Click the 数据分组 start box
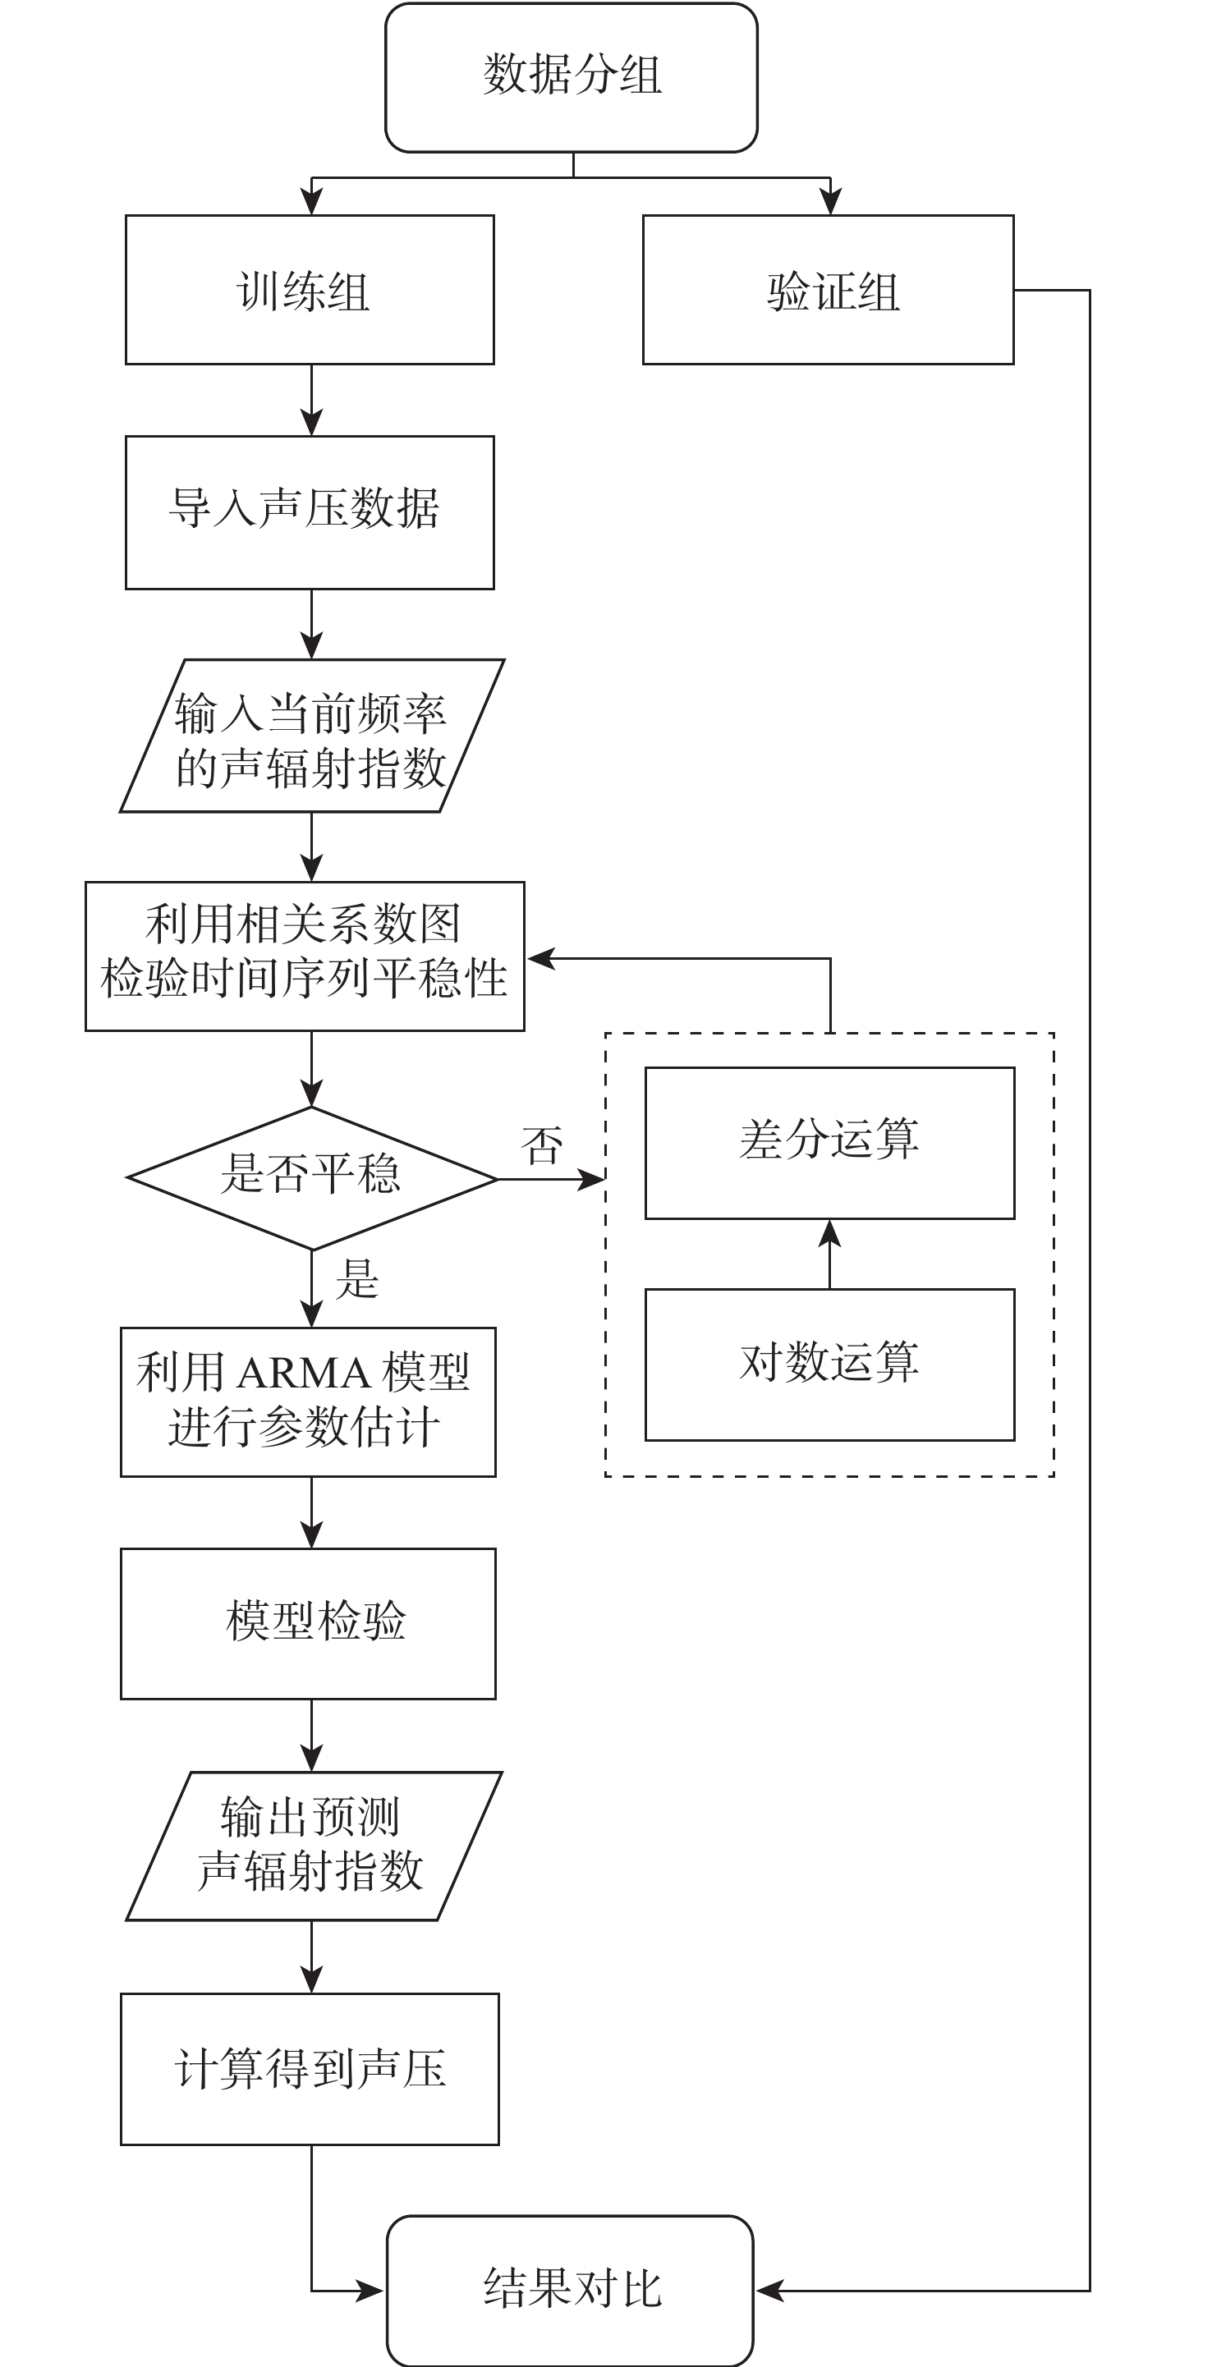571,77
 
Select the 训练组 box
310,290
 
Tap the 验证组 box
828,290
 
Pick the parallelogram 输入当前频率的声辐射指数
311,735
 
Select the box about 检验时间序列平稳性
304,956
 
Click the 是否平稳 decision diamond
311,1178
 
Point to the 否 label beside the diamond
541,1145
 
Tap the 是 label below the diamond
356,1278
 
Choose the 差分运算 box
829,1143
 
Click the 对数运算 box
829,1365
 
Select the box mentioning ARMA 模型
308,1402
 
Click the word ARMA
303,1374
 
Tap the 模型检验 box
308,1624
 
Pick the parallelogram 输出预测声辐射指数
314,1846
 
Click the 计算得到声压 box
310,2069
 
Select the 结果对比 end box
570,2290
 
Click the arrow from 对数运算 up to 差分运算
829,1255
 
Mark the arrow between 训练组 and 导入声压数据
311,401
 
